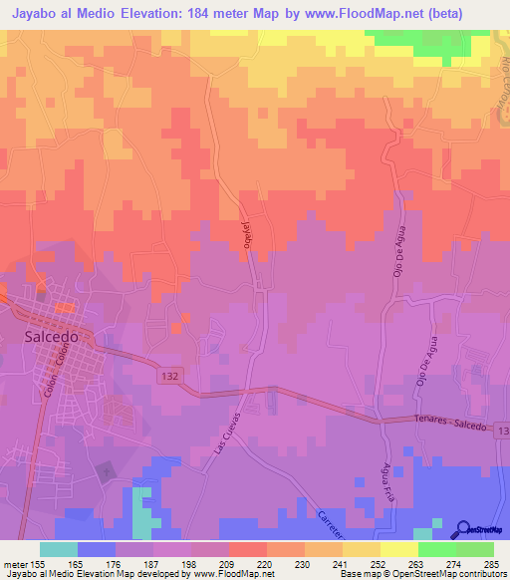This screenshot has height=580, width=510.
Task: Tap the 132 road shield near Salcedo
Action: click(x=170, y=375)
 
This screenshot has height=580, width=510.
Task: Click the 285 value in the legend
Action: click(x=491, y=563)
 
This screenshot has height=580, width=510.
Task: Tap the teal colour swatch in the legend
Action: click(x=59, y=549)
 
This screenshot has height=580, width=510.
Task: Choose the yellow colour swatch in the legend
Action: click(x=398, y=549)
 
